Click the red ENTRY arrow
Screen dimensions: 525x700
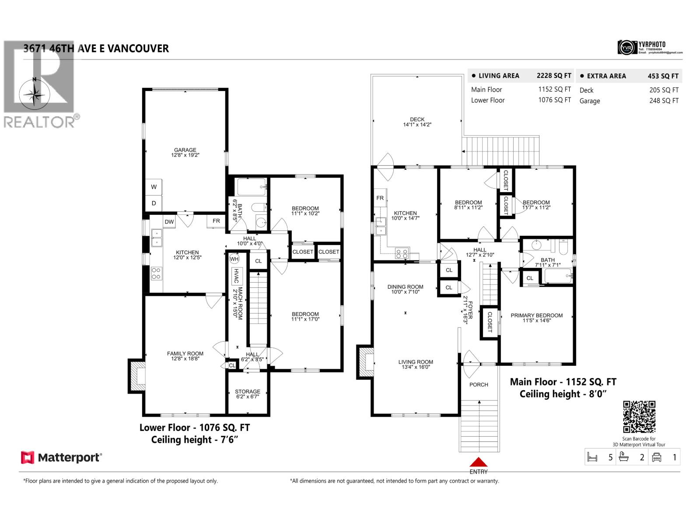pos(479,462)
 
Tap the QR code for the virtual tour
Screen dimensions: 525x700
pos(639,417)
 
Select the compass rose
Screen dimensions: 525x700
pos(35,94)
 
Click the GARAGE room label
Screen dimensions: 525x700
pos(185,150)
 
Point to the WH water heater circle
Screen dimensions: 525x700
pos(234,258)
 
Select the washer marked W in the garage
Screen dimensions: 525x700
pos(154,187)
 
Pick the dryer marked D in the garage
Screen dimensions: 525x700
pos(154,203)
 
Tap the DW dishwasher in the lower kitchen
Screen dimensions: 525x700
pos(169,222)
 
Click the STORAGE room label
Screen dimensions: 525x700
pos(247,392)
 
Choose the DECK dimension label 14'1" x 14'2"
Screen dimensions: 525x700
pos(417,125)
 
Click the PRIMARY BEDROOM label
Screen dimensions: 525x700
pos(536,315)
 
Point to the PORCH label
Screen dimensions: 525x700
pos(479,385)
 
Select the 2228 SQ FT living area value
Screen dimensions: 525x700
pos(554,76)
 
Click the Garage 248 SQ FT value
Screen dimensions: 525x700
pos(664,101)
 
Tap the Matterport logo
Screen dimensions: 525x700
pos(62,458)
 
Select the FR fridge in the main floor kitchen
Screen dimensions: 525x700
pos(380,198)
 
